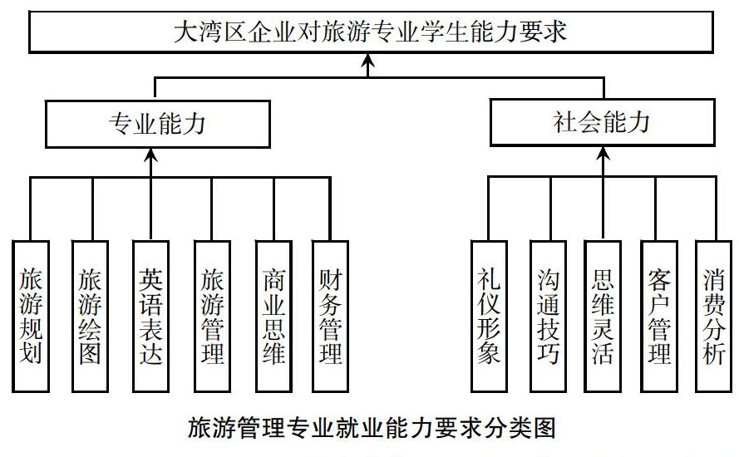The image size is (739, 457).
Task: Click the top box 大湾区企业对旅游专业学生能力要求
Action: tap(371, 32)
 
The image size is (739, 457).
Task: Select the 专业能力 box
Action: tap(157, 124)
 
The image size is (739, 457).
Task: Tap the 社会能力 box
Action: tap(603, 122)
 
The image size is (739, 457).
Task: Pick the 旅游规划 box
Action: tap(31, 316)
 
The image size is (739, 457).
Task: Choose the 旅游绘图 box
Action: tap(90, 316)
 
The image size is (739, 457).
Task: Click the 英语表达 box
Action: tap(150, 316)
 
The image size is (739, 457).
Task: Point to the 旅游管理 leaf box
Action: tap(212, 316)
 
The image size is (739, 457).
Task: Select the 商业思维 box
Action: tap(273, 316)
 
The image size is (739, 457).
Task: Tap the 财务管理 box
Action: tap(330, 316)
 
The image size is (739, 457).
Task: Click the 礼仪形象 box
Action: tap(490, 316)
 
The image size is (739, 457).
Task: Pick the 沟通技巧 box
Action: tap(548, 316)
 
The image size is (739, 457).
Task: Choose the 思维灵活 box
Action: tap(603, 316)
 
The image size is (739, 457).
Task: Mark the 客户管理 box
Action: tap(659, 316)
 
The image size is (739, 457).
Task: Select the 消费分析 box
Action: tap(714, 316)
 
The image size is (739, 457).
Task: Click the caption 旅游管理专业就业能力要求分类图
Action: tap(372, 427)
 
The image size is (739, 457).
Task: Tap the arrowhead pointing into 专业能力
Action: tap(150, 155)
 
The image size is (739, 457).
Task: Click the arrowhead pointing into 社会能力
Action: tap(603, 153)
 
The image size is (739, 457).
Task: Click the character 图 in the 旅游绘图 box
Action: tap(90, 353)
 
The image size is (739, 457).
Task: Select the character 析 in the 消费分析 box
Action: tap(714, 353)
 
